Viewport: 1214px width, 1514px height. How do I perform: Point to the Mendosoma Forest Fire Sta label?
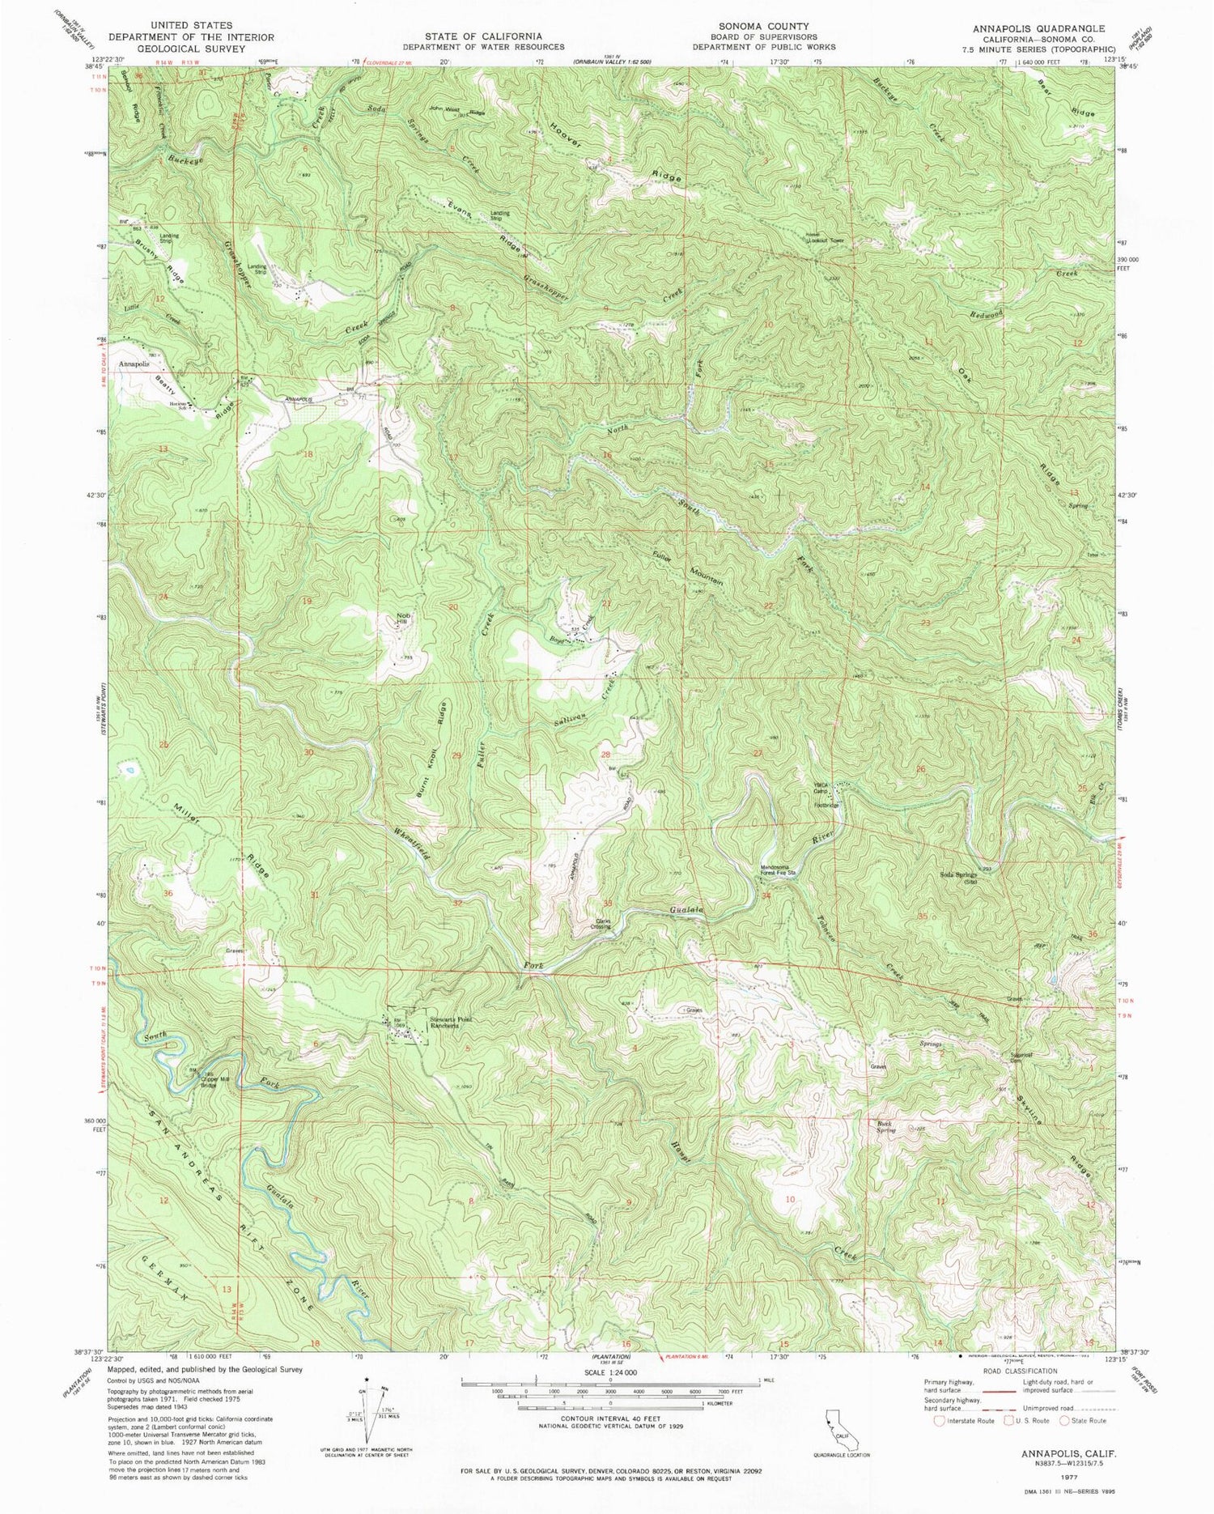[779, 871]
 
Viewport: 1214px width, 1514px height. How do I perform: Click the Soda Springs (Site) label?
[959, 878]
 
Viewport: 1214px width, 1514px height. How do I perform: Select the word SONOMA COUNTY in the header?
[758, 26]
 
